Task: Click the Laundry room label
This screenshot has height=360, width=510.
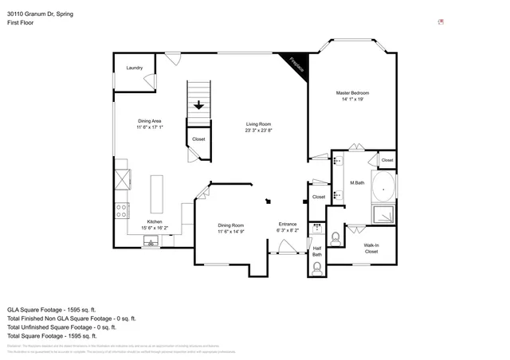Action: pos(134,68)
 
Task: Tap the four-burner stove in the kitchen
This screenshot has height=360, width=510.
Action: pos(123,211)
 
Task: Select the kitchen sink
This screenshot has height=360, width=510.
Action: pos(149,241)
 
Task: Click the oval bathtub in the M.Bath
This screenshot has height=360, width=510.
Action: pos(386,190)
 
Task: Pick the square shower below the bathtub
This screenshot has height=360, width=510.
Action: pos(386,214)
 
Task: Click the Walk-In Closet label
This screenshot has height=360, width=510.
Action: pos(371,248)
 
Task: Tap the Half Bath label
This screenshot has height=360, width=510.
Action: pos(317,251)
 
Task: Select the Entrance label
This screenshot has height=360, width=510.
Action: pos(287,224)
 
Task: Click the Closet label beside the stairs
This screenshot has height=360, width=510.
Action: pos(198,139)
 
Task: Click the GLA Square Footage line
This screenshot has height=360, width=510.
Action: pos(51,309)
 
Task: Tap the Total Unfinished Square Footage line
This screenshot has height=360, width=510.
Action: pos(61,327)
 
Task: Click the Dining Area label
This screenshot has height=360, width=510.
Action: pos(149,120)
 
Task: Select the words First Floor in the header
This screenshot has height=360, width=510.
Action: pos(20,23)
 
